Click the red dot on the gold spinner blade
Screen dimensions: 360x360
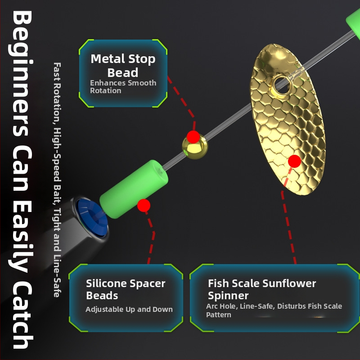(294, 161)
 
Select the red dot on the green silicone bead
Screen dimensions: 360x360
(144, 205)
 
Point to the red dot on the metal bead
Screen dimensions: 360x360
(193, 136)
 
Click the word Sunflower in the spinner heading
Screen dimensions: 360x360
(289, 283)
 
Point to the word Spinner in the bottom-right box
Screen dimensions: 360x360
(228, 296)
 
